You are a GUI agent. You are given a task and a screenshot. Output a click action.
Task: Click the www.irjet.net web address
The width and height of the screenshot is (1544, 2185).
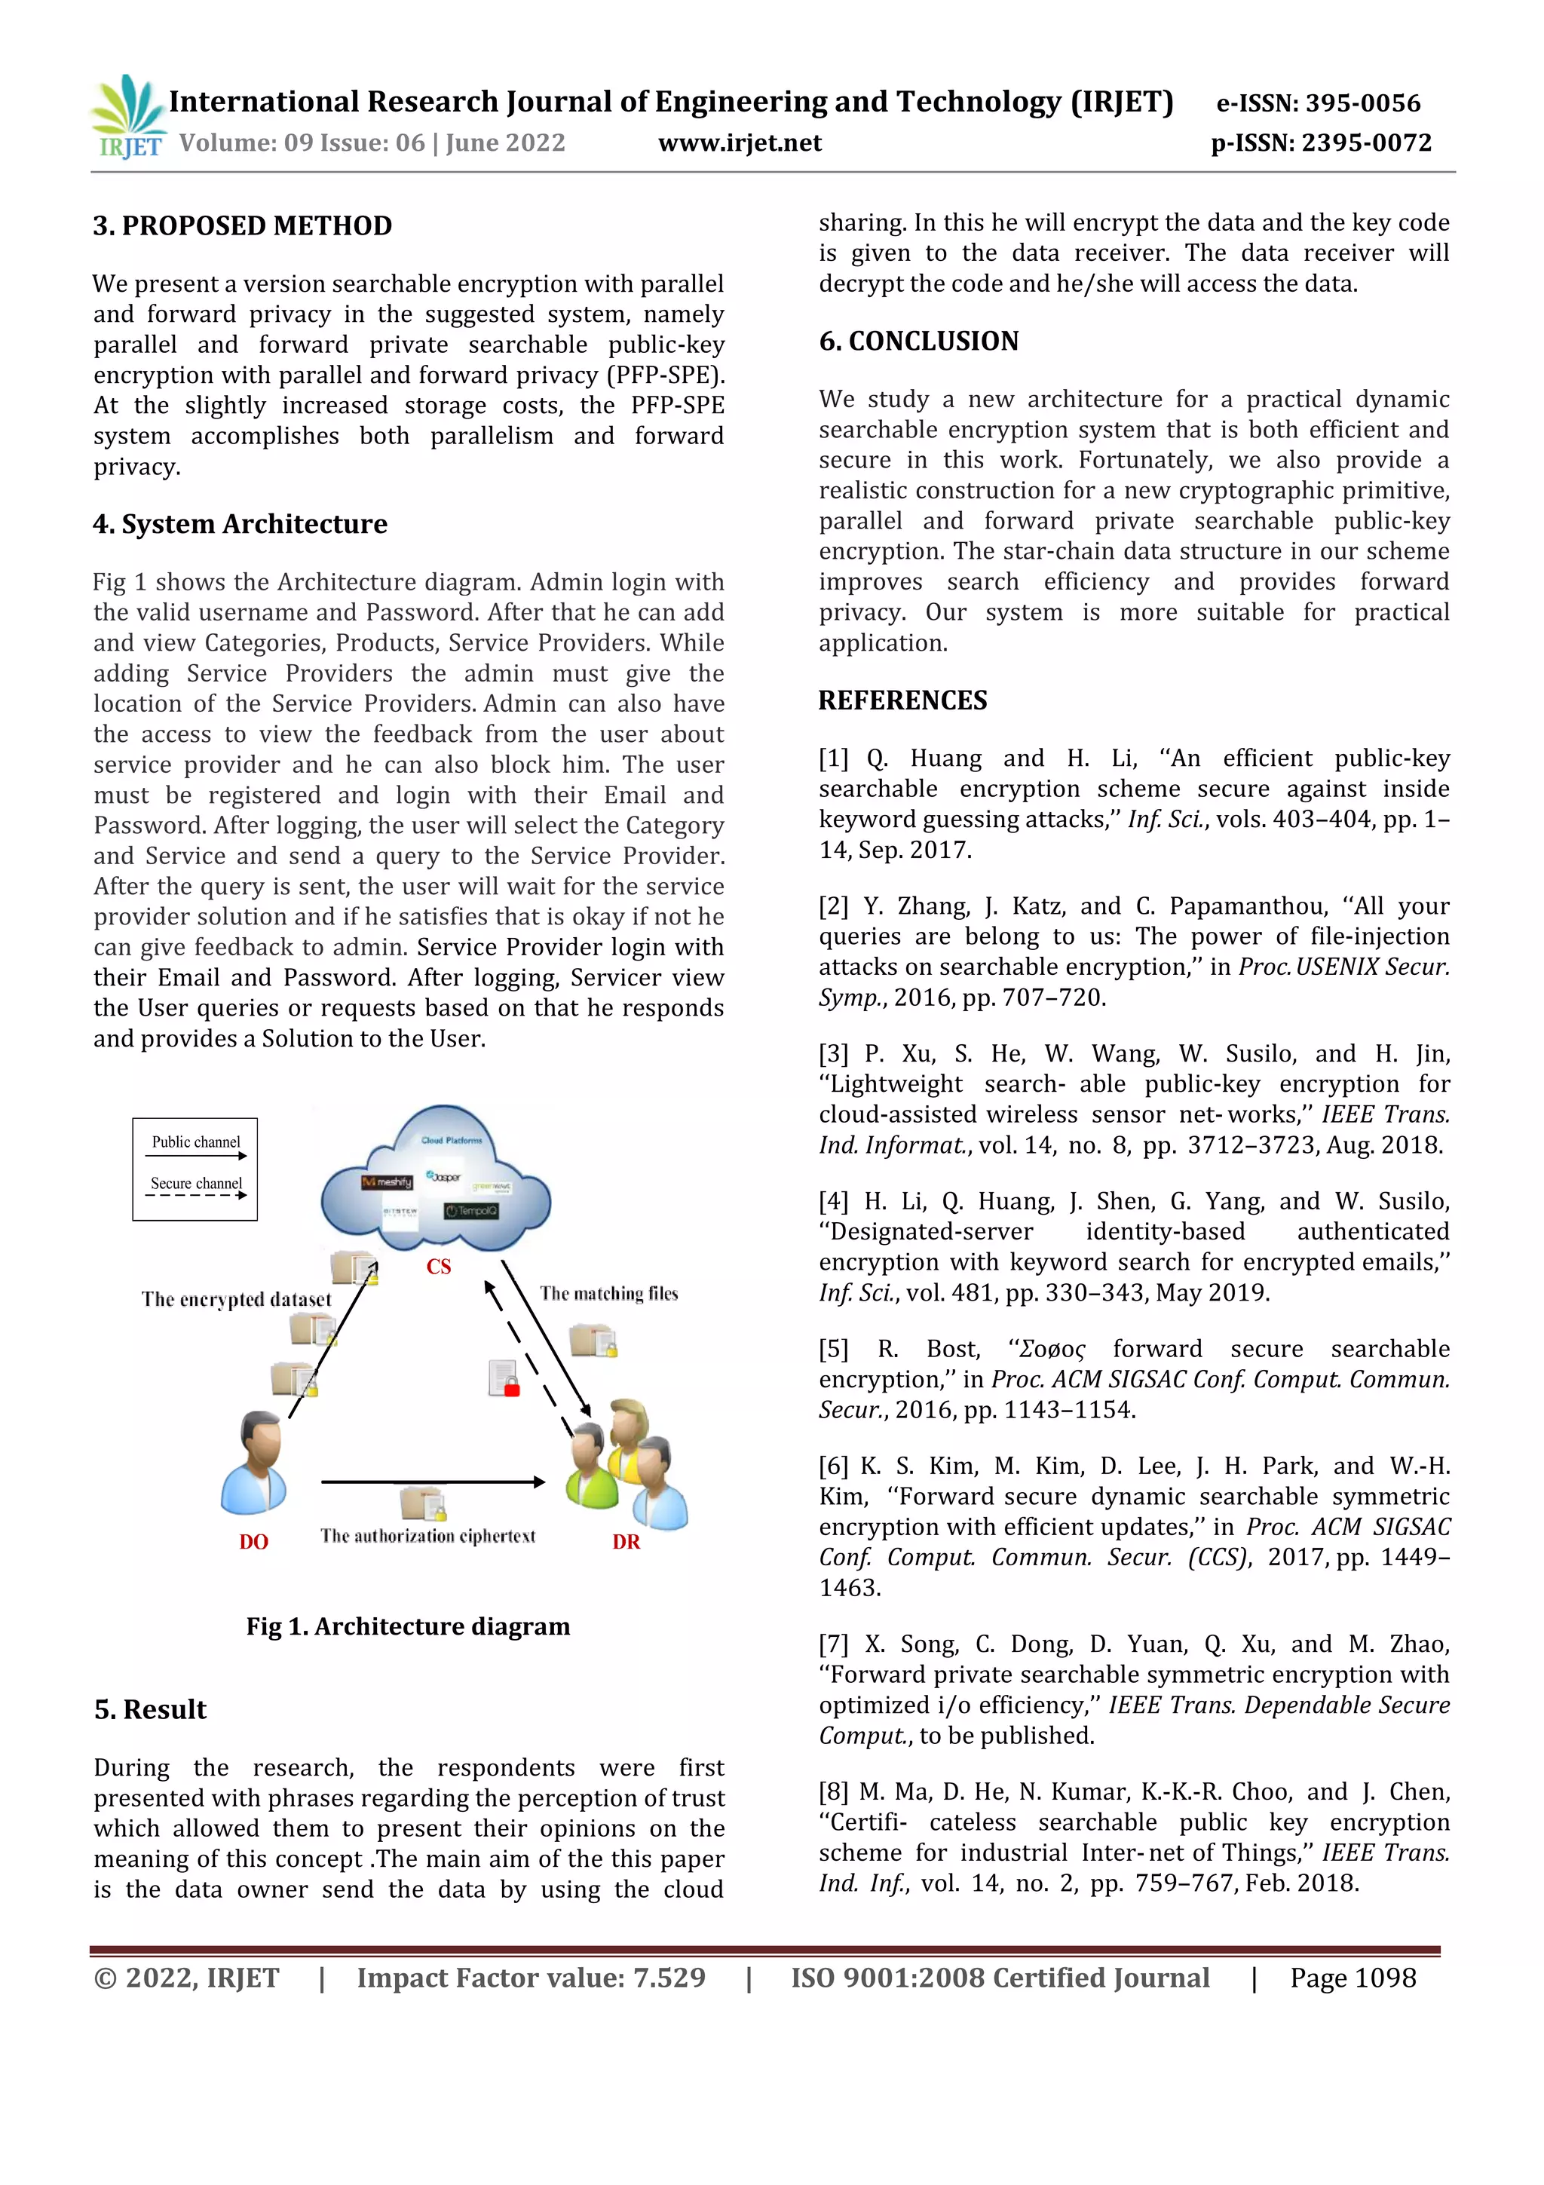coord(739,142)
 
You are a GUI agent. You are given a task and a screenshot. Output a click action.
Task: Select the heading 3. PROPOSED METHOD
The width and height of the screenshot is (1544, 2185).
coord(243,225)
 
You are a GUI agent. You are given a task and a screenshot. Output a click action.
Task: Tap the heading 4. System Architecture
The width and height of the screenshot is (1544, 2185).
coord(240,524)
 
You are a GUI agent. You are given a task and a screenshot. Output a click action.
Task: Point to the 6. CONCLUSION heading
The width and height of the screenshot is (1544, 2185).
coord(919,341)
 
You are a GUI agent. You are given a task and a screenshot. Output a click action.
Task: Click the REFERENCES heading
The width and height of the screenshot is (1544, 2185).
coord(903,700)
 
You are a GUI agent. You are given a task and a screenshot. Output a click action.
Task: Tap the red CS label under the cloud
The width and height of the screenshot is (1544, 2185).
coord(439,1267)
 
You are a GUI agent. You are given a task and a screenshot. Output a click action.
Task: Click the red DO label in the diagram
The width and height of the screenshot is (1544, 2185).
coord(253,1542)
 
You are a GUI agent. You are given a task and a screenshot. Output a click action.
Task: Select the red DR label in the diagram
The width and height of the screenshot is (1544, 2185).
coord(626,1542)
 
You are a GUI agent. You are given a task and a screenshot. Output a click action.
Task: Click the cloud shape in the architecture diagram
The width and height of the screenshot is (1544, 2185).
coord(436,1180)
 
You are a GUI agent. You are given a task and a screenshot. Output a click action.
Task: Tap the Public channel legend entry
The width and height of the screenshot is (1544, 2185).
coord(196,1142)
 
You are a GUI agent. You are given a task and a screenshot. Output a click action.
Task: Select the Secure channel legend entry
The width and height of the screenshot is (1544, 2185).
coord(196,1184)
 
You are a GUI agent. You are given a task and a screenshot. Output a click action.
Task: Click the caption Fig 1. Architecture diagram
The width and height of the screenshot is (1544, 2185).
coord(408,1626)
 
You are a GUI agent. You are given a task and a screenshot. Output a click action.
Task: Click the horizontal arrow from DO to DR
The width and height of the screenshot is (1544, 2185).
coord(433,1482)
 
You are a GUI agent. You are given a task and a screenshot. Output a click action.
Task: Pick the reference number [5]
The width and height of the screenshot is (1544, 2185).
coord(833,1350)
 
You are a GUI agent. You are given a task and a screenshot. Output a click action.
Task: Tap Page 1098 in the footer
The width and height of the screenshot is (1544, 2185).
coord(1353,1978)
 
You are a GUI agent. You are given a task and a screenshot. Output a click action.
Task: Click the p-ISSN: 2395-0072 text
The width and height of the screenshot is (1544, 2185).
coord(1320,142)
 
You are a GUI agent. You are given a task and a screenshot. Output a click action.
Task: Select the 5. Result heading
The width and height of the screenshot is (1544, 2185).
coord(150,1710)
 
